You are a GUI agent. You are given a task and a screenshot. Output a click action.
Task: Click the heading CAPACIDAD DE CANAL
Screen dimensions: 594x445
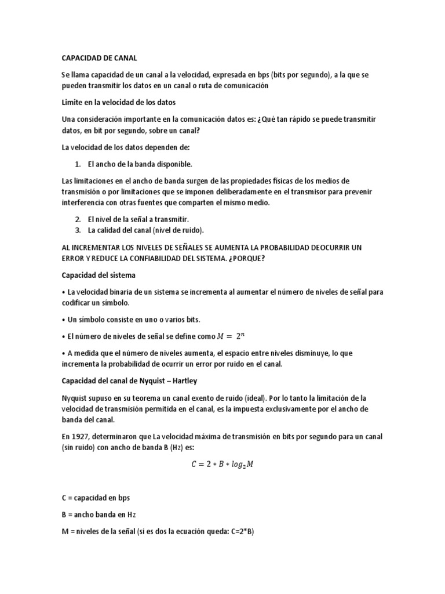click(x=99, y=58)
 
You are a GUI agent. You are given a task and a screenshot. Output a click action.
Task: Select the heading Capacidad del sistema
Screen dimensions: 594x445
click(x=99, y=275)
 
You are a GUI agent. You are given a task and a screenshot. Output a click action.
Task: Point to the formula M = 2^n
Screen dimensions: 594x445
click(x=235, y=336)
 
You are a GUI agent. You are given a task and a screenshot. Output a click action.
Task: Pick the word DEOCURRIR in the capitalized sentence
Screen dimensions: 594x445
click(x=319, y=247)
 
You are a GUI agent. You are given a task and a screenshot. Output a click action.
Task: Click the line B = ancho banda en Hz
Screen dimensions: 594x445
click(x=99, y=514)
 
